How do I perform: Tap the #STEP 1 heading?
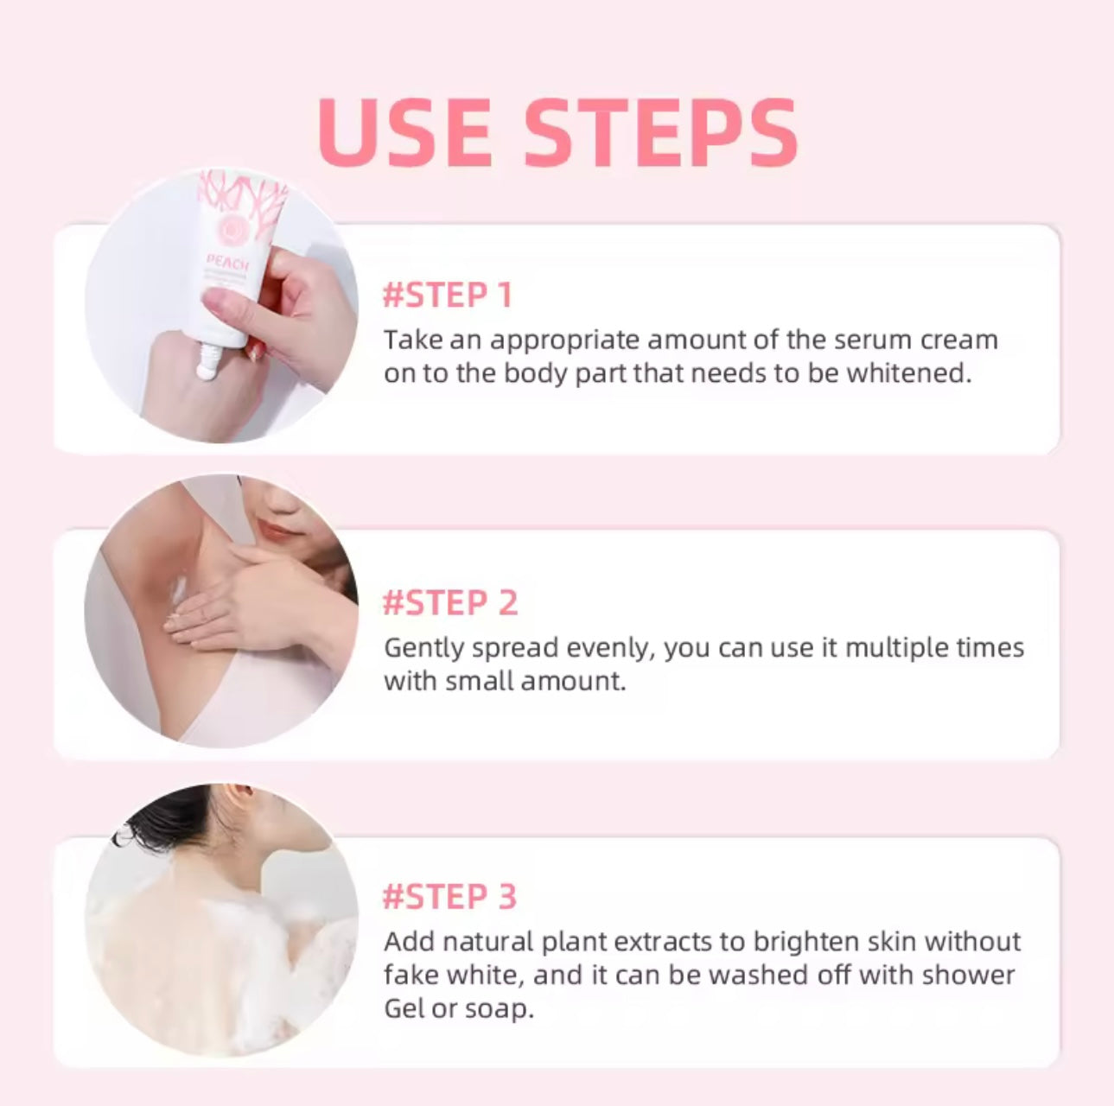(x=448, y=296)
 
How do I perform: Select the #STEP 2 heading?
(x=450, y=603)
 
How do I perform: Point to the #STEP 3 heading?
(x=449, y=897)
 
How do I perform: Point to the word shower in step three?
(x=968, y=975)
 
